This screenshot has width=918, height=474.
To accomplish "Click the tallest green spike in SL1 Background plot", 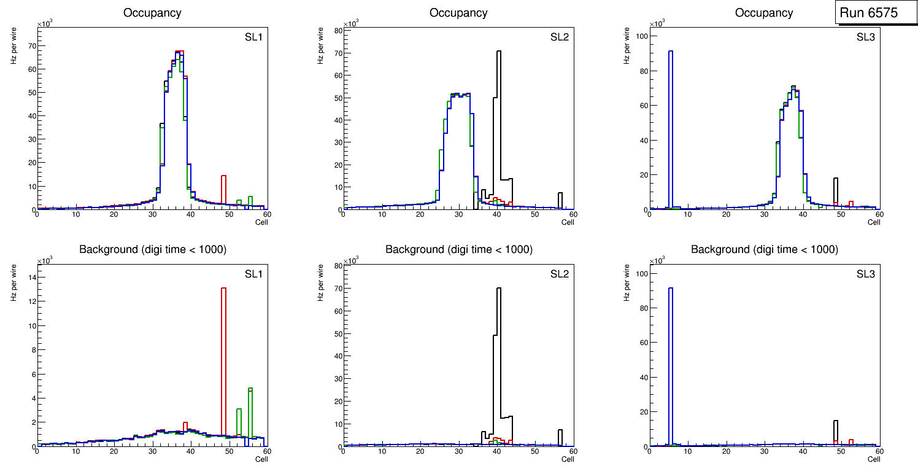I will pyautogui.click(x=250, y=411).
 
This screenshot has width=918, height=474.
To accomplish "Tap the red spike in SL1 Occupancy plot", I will pyautogui.click(x=223, y=190).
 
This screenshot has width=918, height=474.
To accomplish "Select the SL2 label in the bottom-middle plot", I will pyautogui.click(x=560, y=274).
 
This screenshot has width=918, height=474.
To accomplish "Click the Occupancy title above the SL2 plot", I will pyautogui.click(x=458, y=13).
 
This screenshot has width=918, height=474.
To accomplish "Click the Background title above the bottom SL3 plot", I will pyautogui.click(x=764, y=249).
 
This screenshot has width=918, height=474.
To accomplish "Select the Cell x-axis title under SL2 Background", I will pyautogui.click(x=568, y=459).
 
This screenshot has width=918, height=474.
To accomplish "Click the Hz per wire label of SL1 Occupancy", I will pyautogui.click(x=13, y=47).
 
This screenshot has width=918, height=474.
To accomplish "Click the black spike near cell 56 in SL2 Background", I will pyautogui.click(x=560, y=437).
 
